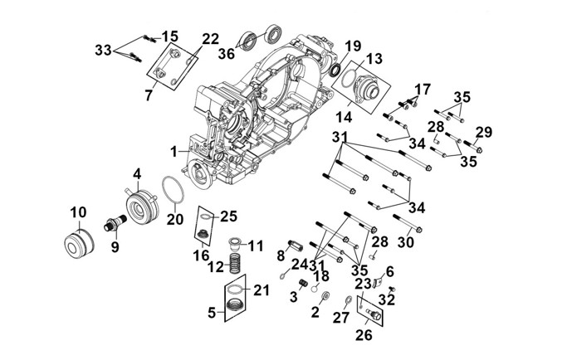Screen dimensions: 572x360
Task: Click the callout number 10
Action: coord(78,212)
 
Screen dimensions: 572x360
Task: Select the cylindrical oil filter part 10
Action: coord(79,244)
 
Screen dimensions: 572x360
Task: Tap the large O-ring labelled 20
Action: coord(173,189)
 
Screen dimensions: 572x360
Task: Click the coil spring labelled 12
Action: coord(237,264)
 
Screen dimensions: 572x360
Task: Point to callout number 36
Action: coord(226,54)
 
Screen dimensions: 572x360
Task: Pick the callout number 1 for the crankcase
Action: coord(174,152)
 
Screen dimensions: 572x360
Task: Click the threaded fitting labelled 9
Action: coord(115,224)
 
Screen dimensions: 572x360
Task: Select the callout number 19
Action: coord(353,46)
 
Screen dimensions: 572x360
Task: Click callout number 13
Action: coord(374,58)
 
